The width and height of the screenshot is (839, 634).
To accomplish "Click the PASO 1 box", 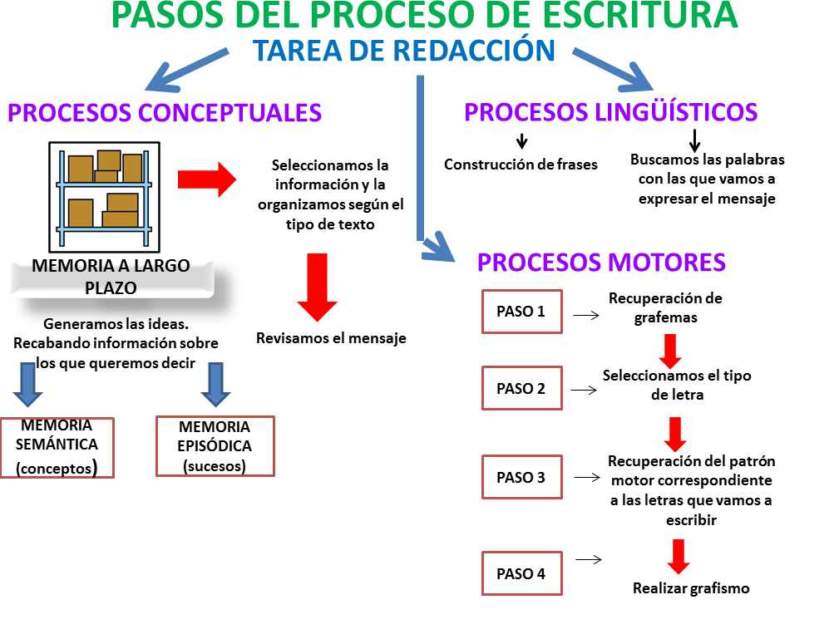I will tap(521, 312).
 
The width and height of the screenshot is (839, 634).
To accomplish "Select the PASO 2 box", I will tap(521, 388).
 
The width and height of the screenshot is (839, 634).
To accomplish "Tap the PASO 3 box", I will tap(521, 477).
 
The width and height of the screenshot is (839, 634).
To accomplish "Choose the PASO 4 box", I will tap(521, 573).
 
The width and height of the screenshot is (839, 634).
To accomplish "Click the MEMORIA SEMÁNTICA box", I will tap(57, 447).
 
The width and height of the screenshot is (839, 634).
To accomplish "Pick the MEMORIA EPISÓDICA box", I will tap(215, 446).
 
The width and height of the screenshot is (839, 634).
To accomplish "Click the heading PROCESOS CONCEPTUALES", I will tap(165, 112).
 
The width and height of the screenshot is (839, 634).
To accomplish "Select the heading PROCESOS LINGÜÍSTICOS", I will tap(610, 111).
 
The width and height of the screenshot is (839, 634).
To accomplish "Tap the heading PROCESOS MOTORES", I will tap(601, 263).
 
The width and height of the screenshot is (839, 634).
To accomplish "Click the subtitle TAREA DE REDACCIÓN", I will tap(404, 51).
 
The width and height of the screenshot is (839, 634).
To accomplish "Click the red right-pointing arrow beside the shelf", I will tap(207, 179).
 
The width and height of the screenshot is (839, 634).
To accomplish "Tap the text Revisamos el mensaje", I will tap(331, 338).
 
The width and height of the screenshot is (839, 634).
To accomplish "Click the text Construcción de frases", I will tap(521, 165).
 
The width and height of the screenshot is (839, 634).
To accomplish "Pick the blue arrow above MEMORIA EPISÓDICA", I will tap(216, 382).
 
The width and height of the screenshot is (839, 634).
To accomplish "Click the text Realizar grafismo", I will tap(691, 588).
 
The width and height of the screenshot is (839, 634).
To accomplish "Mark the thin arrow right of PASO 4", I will tap(588, 559).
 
